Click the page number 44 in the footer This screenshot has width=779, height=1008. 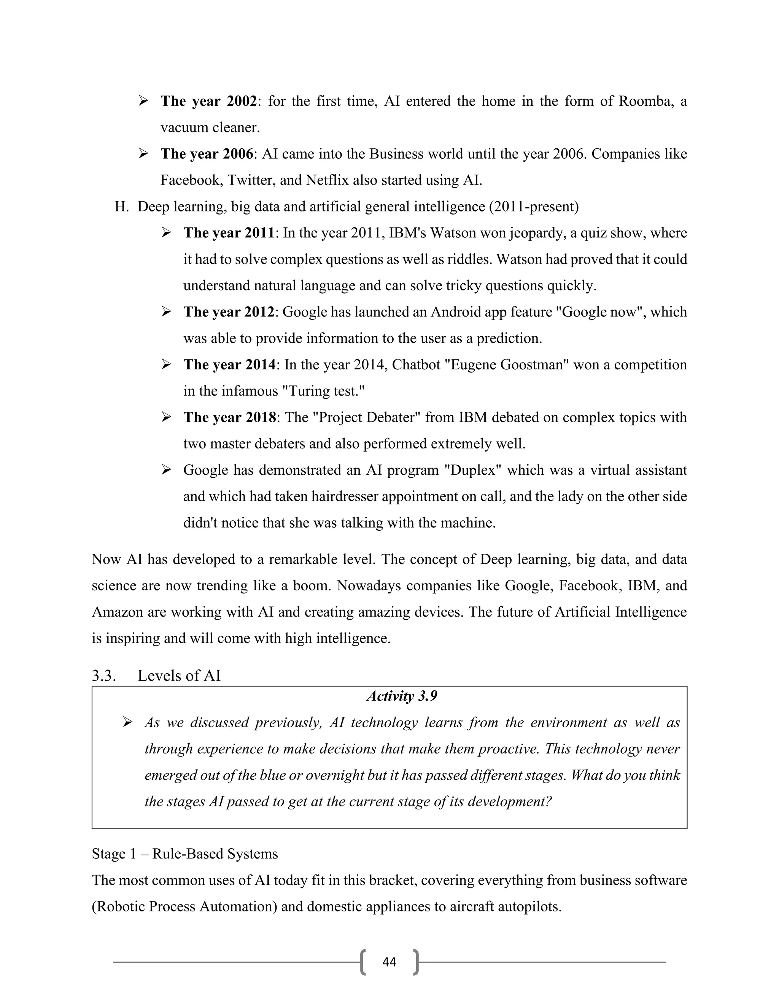tap(389, 962)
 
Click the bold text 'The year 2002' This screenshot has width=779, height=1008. tap(208, 101)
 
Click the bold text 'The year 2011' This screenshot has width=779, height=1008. tap(229, 233)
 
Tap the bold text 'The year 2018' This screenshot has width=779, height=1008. tap(230, 417)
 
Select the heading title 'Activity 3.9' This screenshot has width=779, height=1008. tap(402, 696)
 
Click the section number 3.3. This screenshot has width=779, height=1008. tap(104, 676)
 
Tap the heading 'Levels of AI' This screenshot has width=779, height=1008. tap(179, 676)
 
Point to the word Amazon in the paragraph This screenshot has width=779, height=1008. tap(117, 612)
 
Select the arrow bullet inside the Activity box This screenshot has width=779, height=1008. tap(128, 722)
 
